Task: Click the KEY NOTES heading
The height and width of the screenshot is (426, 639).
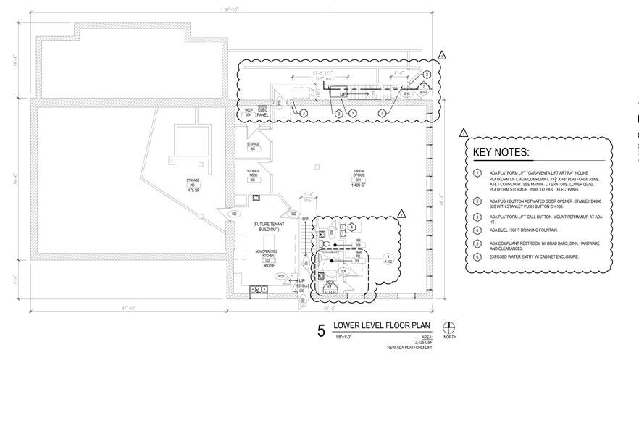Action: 501,153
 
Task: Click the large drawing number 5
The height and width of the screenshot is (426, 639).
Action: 321,332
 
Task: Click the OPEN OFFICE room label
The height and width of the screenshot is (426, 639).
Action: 358,173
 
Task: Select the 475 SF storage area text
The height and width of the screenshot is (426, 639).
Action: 193,190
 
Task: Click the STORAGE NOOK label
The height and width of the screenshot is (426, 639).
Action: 253,173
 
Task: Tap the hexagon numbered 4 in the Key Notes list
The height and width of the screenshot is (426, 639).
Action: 477,230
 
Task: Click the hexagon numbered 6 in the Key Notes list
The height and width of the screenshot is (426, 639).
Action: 477,256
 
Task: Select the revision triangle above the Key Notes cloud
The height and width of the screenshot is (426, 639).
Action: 463,133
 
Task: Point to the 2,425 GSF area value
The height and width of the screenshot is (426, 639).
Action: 422,342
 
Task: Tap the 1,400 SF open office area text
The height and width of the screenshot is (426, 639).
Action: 358,185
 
